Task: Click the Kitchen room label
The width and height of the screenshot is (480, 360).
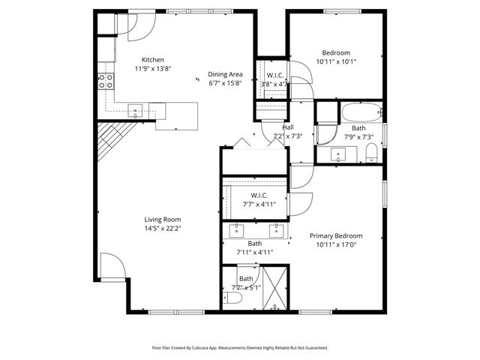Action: coord(153,60)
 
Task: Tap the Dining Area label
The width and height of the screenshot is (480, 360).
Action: coord(225,75)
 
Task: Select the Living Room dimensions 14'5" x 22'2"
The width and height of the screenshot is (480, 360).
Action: coord(163,228)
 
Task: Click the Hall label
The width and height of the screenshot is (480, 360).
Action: coord(288,127)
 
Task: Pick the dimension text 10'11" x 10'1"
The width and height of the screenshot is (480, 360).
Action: coord(335,61)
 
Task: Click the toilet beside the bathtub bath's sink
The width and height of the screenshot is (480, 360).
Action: coord(371,154)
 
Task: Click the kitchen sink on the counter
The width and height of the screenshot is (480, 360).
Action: coord(136,110)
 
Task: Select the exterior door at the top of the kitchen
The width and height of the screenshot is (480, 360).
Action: coord(139,27)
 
